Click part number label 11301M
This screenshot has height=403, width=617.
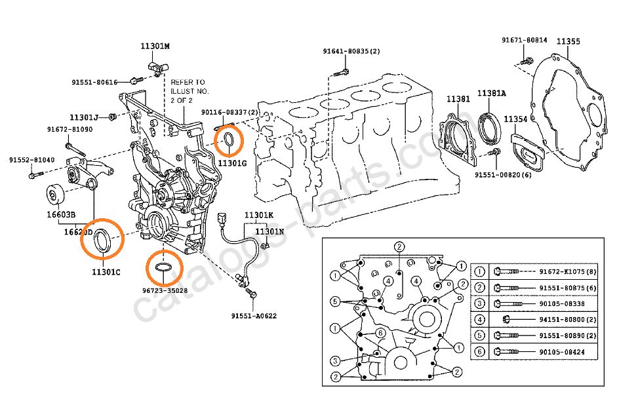tap(155, 47)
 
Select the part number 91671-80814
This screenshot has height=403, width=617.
tap(525, 41)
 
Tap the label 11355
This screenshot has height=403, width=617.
tap(568, 41)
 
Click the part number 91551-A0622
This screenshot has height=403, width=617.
tap(254, 315)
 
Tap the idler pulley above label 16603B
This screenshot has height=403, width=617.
tap(54, 195)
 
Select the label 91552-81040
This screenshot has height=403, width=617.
tap(31, 160)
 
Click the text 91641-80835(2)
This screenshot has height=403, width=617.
tap(351, 51)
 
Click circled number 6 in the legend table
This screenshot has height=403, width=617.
tap(480, 352)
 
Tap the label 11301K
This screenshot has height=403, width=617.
tap(259, 215)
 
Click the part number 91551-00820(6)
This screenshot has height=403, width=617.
tap(504, 175)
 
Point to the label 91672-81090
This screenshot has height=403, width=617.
tap(69, 130)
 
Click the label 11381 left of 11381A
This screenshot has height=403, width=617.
tap(458, 98)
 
